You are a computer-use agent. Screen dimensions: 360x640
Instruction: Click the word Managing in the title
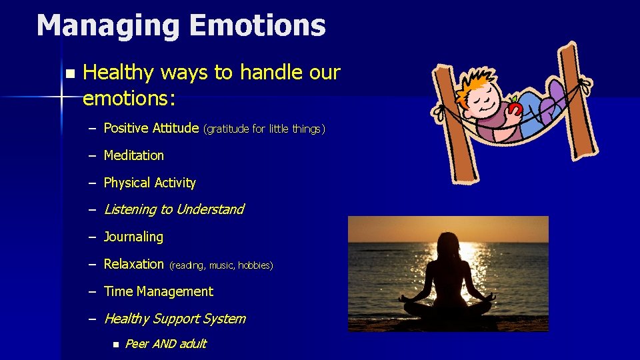point(107,26)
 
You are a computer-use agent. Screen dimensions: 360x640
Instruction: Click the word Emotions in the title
point(257,26)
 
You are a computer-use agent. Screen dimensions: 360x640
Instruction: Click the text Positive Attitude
point(151,128)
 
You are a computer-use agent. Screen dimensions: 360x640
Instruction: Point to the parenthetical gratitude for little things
point(264,129)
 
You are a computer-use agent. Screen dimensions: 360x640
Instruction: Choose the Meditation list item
point(133,155)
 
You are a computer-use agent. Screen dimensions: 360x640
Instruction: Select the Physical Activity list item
point(149,183)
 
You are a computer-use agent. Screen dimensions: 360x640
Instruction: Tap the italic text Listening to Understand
point(173,209)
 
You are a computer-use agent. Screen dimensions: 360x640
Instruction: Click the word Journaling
point(133,237)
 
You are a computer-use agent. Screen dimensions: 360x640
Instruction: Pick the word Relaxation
point(133,264)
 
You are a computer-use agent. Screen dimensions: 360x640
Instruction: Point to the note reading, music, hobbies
point(221,265)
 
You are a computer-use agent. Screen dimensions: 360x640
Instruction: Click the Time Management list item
point(158,291)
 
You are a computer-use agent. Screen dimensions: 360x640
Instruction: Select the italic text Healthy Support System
point(174,319)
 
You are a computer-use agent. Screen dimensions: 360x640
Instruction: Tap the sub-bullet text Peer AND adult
point(165,344)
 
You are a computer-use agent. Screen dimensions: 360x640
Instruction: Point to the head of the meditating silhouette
point(447,243)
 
